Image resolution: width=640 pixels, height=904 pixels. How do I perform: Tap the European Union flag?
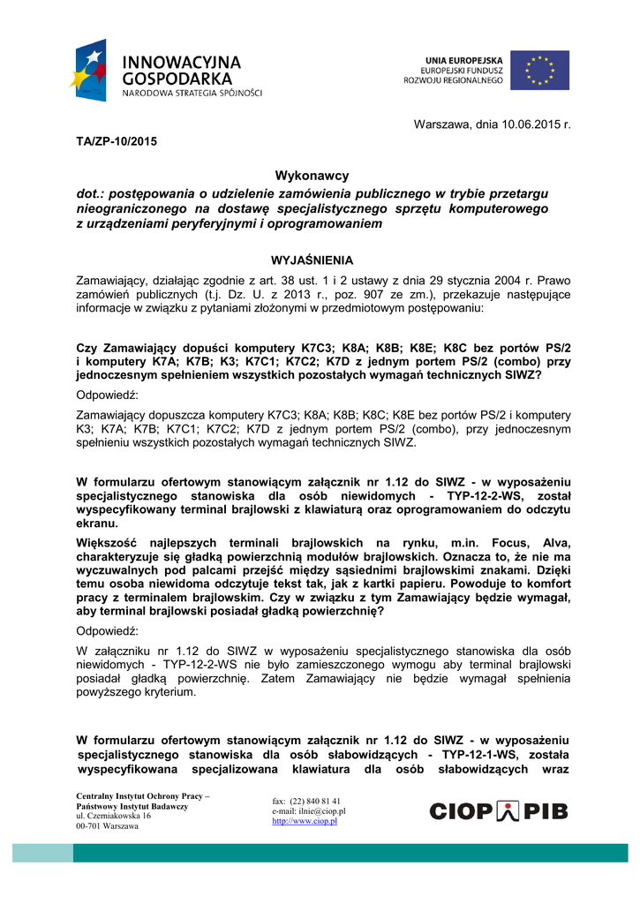click(539, 70)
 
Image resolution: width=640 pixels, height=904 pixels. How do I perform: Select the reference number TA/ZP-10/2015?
click(117, 141)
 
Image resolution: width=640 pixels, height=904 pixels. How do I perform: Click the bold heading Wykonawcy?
click(312, 176)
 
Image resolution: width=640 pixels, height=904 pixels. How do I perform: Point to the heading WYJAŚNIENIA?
click(312, 260)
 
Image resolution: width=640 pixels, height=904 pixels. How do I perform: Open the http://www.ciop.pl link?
click(305, 821)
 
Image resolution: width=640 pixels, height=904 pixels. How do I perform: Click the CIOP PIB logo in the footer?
click(499, 811)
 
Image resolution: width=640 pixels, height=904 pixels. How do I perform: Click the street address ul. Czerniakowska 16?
click(114, 817)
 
